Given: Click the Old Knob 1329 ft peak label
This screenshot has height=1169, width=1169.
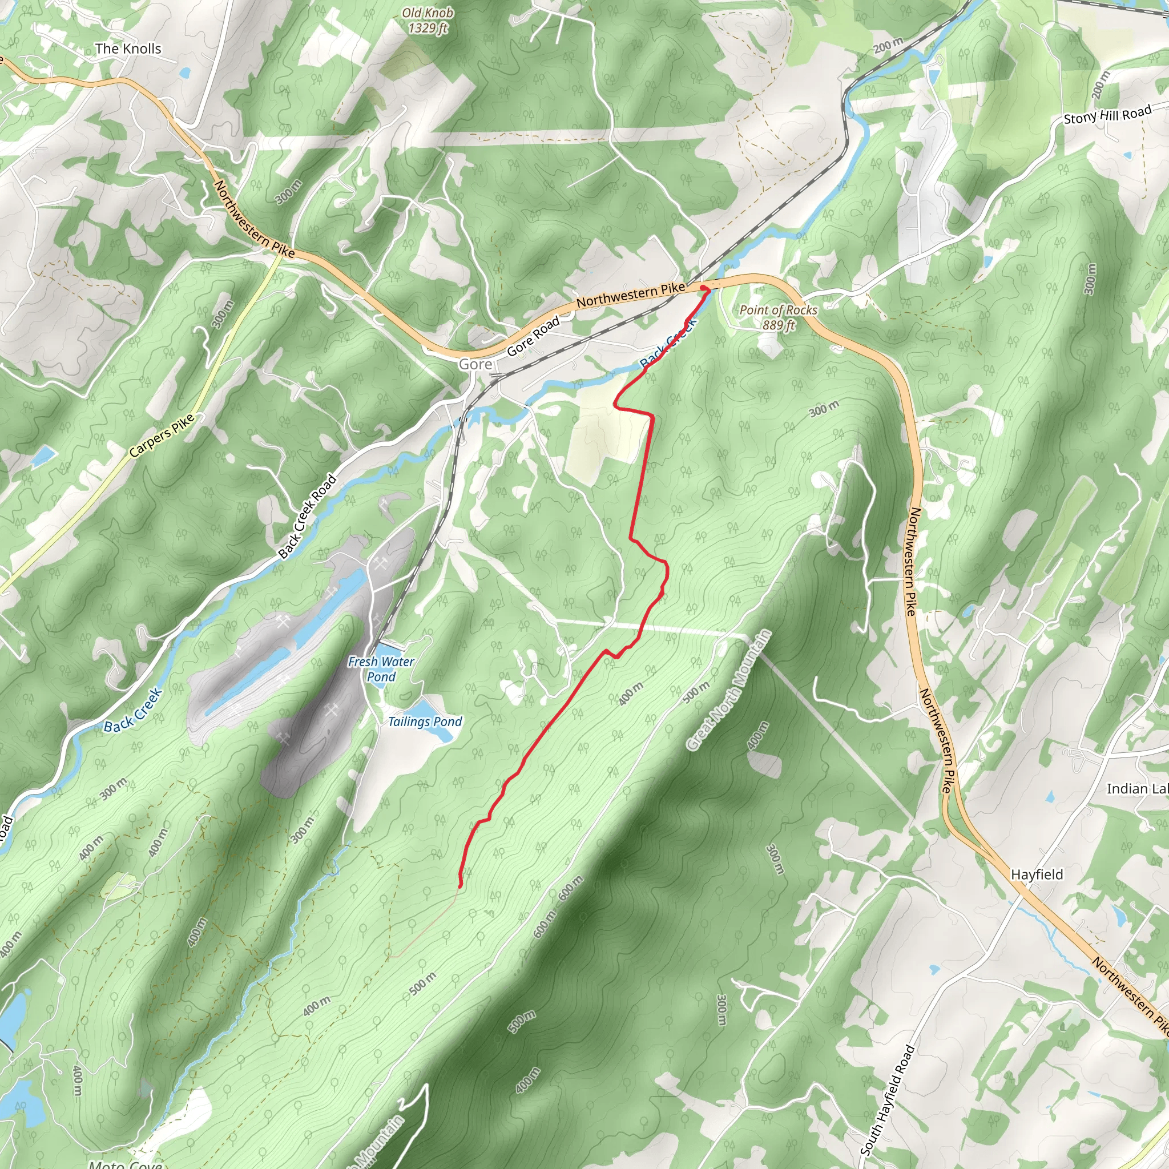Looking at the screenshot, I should [x=428, y=21].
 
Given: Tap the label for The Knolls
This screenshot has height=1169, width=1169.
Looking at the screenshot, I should [x=128, y=49].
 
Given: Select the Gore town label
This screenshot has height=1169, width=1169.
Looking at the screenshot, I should [x=475, y=364].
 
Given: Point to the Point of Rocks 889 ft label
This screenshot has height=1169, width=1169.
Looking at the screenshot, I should [x=778, y=317].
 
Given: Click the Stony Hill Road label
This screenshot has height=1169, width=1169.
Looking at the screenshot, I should [x=1107, y=114].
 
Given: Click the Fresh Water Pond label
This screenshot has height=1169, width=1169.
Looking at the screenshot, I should [x=381, y=669].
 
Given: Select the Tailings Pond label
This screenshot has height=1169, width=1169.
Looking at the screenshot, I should [x=425, y=721].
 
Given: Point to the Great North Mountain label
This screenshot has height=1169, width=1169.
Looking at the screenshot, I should [x=729, y=690].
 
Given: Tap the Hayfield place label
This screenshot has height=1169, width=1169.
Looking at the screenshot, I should [x=1037, y=874].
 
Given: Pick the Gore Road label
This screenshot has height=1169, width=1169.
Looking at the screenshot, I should [x=533, y=336].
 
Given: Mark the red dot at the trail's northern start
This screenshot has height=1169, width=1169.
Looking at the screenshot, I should [x=703, y=288].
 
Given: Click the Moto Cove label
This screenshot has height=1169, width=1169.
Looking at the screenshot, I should [x=124, y=1163].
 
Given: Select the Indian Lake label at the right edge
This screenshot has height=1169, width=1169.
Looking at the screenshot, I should [x=1136, y=788].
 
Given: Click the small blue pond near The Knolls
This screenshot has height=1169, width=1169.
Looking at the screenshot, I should [x=184, y=73].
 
